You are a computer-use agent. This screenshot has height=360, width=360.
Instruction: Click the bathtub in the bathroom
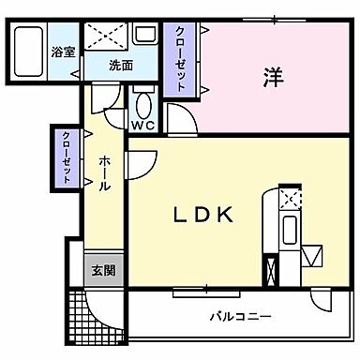click(x=28, y=54)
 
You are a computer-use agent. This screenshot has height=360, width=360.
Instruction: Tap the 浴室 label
click(x=65, y=54)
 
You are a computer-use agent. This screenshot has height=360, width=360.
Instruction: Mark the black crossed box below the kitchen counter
click(x=272, y=270)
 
